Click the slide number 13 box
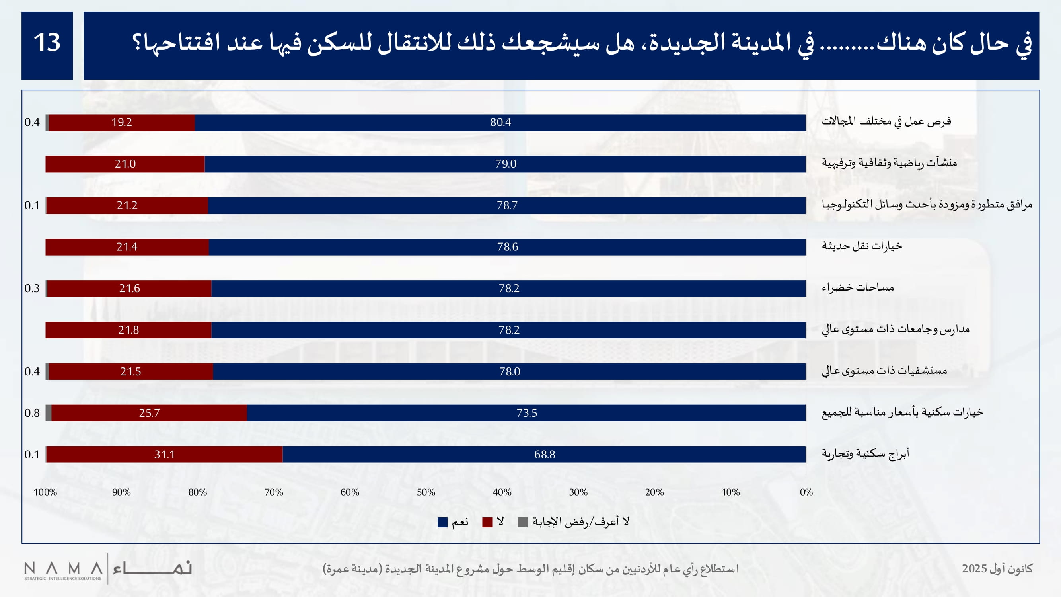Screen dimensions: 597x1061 [x=47, y=45]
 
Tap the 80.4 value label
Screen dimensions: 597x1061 [x=500, y=122]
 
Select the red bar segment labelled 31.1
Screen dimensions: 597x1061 [x=164, y=455]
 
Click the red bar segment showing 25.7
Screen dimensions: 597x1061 [x=149, y=413]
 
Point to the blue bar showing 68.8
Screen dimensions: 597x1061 [x=545, y=455]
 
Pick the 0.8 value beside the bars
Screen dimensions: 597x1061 [x=32, y=413]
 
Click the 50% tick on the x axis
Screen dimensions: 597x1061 [x=426, y=492]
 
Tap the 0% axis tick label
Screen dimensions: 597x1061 [x=806, y=492]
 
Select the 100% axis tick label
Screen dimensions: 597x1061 [x=45, y=492]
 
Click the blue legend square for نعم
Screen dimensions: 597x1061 [x=442, y=523]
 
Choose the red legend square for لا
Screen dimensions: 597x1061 [x=487, y=523]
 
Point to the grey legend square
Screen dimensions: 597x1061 [x=523, y=523]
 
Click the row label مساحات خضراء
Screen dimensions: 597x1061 [x=858, y=287]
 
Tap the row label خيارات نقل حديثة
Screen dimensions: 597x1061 [x=862, y=246]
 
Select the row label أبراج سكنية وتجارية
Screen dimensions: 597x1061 [x=865, y=454]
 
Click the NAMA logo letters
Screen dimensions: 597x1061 [x=63, y=569]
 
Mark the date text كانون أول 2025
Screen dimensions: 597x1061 [x=997, y=569]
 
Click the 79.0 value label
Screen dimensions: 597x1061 [x=505, y=164]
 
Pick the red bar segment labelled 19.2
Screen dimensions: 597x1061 [x=121, y=122]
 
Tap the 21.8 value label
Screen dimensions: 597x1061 [x=128, y=330]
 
